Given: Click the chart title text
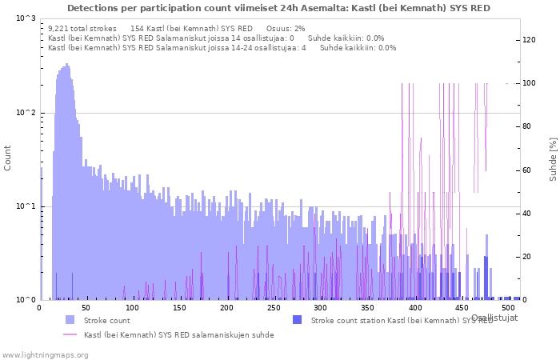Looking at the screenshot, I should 279,8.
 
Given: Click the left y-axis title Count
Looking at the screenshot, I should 8,158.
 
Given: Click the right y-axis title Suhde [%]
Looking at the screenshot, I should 553,158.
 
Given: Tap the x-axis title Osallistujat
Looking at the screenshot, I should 494,318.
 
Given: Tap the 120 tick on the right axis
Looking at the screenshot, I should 529,40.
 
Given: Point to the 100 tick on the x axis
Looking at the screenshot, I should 133,308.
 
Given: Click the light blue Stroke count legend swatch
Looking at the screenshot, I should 70,320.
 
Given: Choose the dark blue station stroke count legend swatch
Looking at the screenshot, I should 297,320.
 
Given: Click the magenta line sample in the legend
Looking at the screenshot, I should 70,334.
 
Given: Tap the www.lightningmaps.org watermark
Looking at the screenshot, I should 46,354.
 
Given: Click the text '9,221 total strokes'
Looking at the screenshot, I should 83,28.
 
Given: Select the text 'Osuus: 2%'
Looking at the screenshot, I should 286,28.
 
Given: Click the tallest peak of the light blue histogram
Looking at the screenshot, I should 66,65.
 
